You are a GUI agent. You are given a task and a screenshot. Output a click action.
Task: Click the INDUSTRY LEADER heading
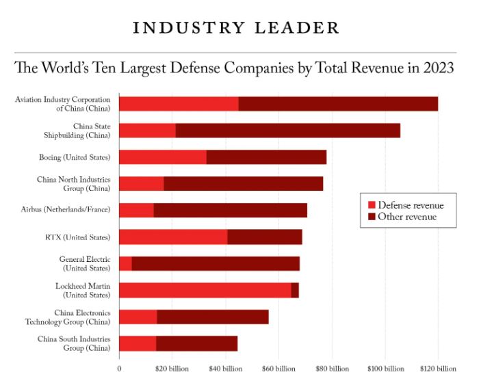[x=235, y=29]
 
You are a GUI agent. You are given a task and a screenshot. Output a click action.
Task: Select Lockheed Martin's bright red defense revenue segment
[x=205, y=290]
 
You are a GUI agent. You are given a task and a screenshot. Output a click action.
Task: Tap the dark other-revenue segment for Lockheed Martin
[x=295, y=290]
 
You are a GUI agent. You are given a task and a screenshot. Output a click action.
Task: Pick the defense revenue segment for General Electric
[x=125, y=263]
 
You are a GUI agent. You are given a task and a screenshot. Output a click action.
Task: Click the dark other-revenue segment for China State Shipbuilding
[x=287, y=130]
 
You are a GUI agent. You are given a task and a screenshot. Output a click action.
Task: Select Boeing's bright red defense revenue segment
[x=163, y=157]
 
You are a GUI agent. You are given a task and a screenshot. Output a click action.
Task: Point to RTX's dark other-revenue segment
[x=265, y=237]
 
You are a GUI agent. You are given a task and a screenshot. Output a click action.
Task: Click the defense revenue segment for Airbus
[x=136, y=210]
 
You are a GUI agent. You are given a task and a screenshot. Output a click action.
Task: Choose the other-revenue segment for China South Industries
[x=196, y=343]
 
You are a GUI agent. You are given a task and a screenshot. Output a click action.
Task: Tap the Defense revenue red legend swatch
[x=372, y=205]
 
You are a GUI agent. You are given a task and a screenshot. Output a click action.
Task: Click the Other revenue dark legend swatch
[x=372, y=217]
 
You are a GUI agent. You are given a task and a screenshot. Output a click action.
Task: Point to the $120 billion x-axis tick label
[x=438, y=369]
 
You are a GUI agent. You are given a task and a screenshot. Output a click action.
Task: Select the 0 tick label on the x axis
[x=119, y=369]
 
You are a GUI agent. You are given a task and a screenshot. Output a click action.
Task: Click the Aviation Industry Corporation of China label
[x=62, y=104]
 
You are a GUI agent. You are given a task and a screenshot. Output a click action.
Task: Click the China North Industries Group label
[x=73, y=183]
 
